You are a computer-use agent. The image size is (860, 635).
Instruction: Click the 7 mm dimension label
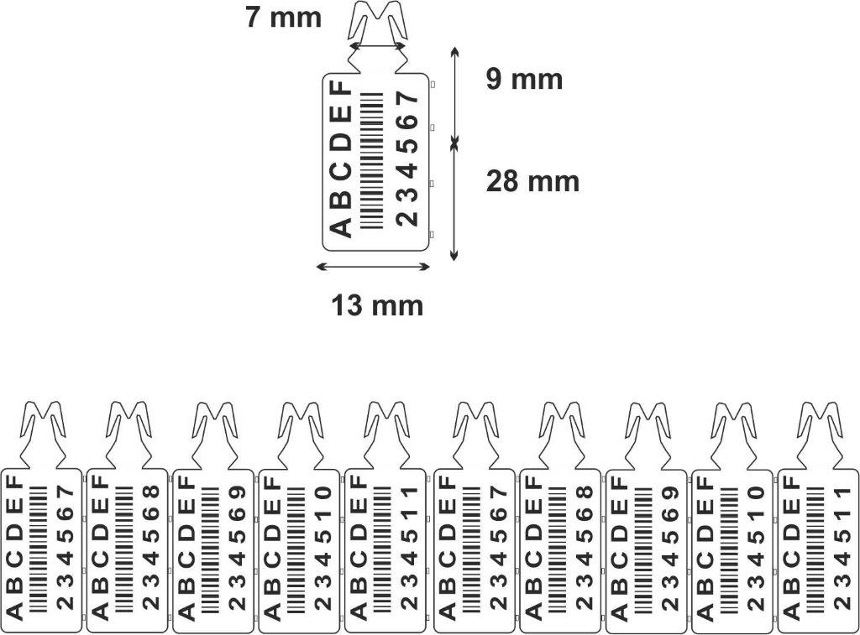[283, 18]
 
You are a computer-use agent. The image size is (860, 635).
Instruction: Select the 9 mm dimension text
[524, 80]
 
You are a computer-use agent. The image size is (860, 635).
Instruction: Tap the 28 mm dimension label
[532, 180]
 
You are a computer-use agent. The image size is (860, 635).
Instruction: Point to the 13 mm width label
[377, 306]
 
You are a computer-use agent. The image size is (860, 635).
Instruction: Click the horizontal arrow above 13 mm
[373, 268]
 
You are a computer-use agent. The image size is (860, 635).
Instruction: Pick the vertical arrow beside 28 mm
[454, 201]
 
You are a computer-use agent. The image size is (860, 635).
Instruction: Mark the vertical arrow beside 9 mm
[454, 96]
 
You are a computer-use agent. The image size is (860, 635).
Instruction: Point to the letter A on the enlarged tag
[338, 226]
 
